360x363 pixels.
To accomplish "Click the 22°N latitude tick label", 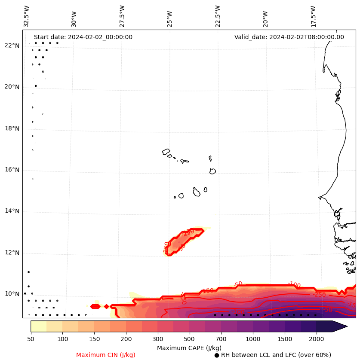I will point(12,46).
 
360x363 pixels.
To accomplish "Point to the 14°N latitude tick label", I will point(12,211).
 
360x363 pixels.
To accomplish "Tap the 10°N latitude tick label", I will point(12,294).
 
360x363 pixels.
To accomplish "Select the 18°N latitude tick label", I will point(12,128).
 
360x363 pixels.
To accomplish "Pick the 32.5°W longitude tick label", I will point(27,16).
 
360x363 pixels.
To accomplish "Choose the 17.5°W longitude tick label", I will point(314,16).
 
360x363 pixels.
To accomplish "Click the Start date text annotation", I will point(83,37).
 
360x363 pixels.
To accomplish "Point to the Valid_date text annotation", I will point(289,37).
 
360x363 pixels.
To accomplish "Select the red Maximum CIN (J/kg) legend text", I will point(106,355).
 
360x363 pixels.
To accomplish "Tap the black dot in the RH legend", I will point(217,355).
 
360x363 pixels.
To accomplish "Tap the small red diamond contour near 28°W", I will point(106,306).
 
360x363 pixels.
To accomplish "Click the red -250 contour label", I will point(320,295).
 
